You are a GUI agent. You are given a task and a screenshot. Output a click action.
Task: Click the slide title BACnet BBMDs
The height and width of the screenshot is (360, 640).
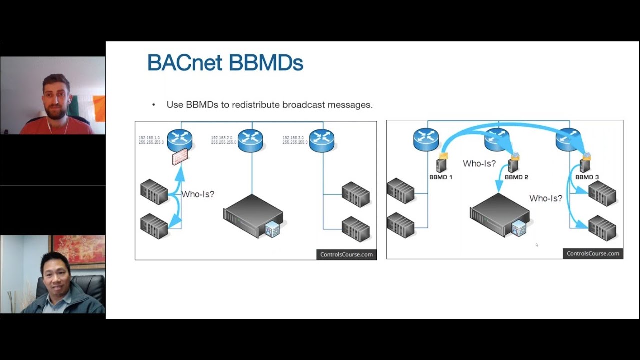point(225,63)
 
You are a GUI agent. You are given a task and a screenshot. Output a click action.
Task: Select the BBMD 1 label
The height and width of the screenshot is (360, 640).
point(440,177)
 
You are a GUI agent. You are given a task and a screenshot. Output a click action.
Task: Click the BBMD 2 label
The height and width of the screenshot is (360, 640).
point(516,177)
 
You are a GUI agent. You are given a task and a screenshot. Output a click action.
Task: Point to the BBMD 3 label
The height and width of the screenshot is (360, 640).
point(587,177)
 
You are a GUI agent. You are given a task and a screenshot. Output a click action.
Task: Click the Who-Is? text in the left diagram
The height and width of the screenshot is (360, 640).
point(198,194)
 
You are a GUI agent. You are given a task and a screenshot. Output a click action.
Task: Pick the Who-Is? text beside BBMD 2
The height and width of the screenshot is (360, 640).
point(479,163)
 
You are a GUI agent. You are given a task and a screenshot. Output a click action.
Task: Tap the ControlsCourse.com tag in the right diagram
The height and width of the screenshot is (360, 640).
point(593,253)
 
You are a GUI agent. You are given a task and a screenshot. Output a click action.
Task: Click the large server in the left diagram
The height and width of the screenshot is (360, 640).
point(253,216)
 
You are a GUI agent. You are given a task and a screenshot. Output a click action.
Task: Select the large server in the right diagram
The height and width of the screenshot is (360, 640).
point(499,215)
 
